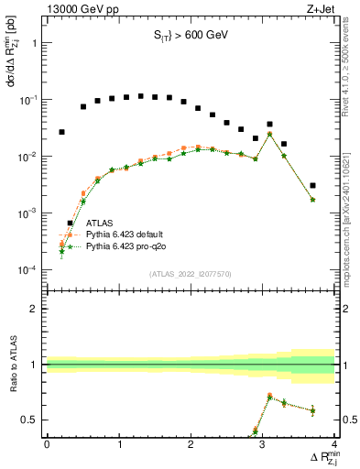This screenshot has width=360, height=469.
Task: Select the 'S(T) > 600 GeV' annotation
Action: [191, 38]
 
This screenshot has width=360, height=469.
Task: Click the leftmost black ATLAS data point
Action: [61, 132]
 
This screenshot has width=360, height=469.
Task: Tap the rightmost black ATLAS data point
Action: [313, 185]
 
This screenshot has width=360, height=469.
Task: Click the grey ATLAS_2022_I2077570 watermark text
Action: [190, 274]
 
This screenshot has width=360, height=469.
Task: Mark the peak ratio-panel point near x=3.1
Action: [269, 397]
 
